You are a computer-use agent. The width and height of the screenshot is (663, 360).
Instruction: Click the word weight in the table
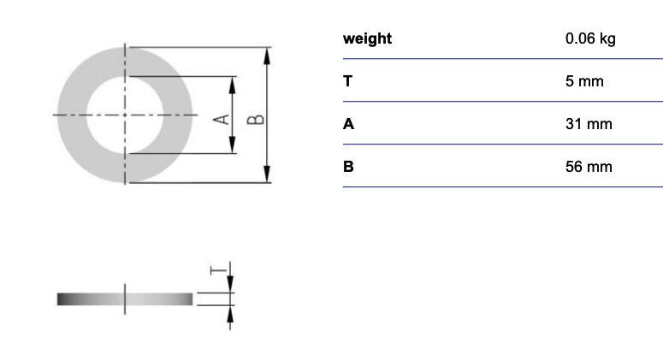(368, 38)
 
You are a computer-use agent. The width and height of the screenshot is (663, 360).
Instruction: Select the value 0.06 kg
(590, 38)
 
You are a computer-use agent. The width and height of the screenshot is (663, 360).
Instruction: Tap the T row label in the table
(347, 81)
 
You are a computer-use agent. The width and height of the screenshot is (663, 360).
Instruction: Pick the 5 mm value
(584, 81)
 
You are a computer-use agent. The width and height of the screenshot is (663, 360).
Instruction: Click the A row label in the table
(348, 124)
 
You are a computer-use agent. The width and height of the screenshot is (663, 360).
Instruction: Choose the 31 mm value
(589, 124)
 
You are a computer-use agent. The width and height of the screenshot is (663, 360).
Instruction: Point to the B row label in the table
(348, 167)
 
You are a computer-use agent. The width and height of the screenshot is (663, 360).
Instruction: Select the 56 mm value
(589, 167)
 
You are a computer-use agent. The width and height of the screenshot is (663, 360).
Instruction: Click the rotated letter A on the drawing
(221, 120)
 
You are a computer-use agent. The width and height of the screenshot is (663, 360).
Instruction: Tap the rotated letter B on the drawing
(256, 120)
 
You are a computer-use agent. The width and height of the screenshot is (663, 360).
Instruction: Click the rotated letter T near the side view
(218, 269)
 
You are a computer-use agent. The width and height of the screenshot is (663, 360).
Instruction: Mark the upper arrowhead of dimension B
(267, 56)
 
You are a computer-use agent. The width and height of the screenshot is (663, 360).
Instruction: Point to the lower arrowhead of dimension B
(267, 174)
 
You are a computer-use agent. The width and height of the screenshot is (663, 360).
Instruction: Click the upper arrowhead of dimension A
(232, 85)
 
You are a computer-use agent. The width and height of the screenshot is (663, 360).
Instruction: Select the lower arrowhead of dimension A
(232, 145)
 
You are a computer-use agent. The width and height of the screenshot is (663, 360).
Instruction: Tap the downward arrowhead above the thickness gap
(230, 284)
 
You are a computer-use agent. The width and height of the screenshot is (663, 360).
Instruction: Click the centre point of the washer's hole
(125, 115)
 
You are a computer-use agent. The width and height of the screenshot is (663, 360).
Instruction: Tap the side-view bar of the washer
(125, 299)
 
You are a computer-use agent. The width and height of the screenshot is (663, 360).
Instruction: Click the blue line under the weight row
(503, 59)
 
